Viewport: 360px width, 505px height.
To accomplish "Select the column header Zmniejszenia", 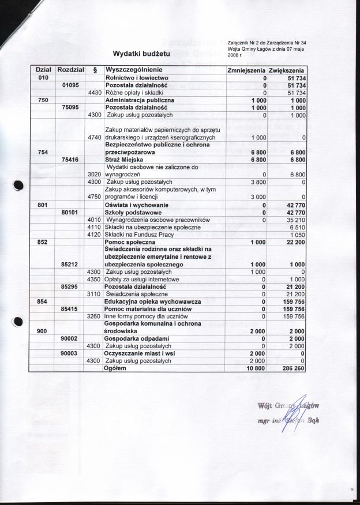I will (x=246, y=70).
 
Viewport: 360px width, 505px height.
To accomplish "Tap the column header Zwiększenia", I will (x=287, y=70).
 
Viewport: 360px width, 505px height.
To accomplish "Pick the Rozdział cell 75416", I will (x=70, y=159).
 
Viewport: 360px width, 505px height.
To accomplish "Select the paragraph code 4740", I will (x=94, y=138).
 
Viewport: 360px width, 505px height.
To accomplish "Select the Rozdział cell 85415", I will (x=70, y=309).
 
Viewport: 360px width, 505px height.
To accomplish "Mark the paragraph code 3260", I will (x=94, y=316).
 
